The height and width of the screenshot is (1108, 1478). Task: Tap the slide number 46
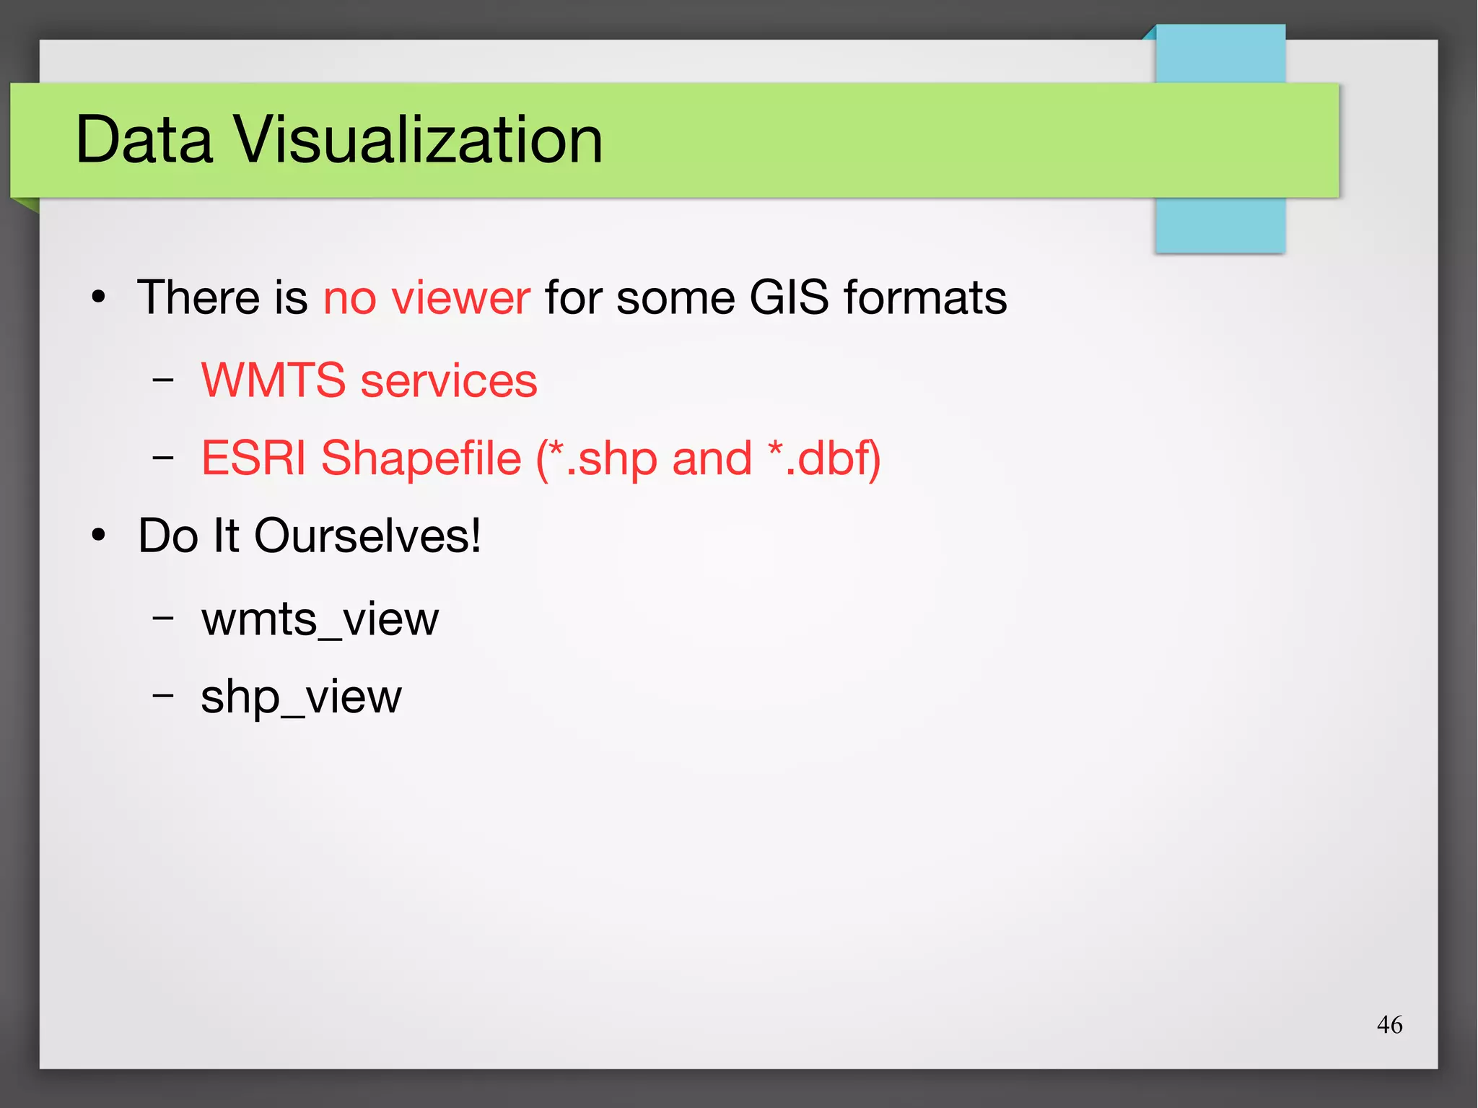click(1389, 1024)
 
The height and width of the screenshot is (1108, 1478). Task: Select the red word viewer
click(461, 297)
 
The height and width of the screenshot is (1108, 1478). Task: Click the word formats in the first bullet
click(925, 297)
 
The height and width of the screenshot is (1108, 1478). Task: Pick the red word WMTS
click(274, 380)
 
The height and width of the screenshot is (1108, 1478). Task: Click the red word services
click(449, 380)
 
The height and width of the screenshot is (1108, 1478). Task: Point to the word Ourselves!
click(367, 536)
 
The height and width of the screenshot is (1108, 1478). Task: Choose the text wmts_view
click(320, 619)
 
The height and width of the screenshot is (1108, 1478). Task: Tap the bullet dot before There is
click(99, 297)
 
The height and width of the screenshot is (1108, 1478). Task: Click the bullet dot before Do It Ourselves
click(99, 536)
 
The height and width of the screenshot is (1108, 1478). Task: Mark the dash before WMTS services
click(164, 380)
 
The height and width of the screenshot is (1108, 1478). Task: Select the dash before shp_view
click(164, 696)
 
